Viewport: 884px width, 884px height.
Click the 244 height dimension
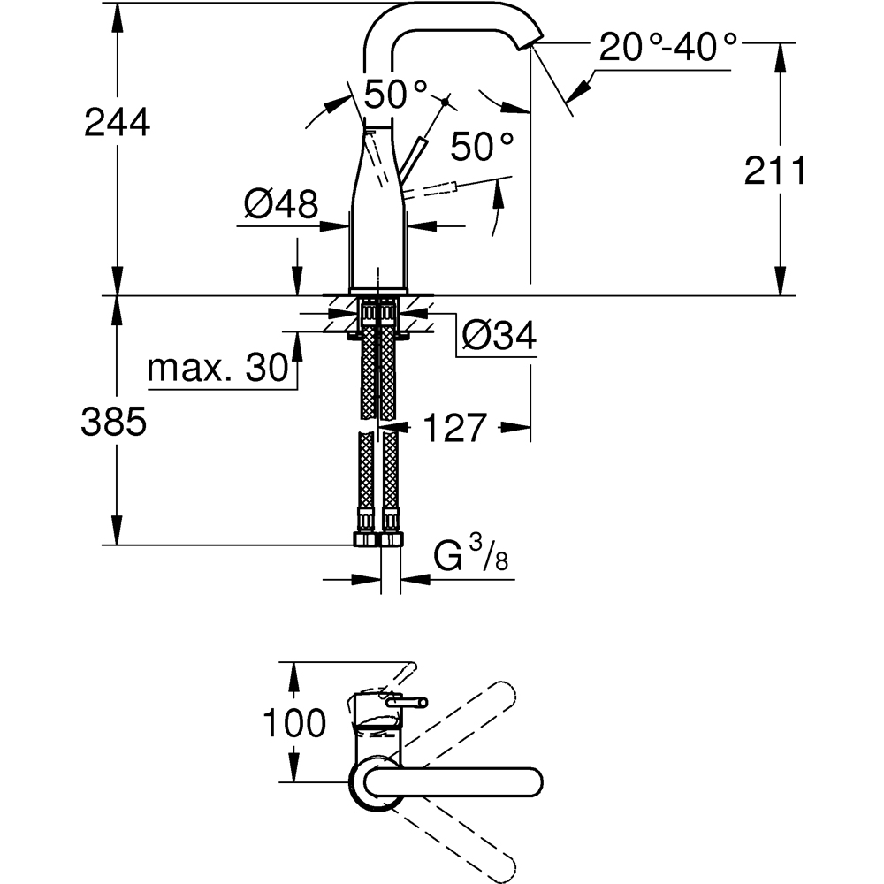coord(117,124)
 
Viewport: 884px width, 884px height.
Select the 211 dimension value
coord(775,172)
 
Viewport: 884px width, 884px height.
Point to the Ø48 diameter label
coord(280,206)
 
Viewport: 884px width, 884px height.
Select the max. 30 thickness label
coord(218,368)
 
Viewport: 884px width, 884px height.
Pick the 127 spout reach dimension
coord(454,429)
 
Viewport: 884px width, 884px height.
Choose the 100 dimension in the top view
coord(294,725)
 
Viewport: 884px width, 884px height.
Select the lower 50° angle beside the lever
coord(482,146)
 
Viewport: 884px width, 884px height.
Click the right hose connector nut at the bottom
coord(390,539)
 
